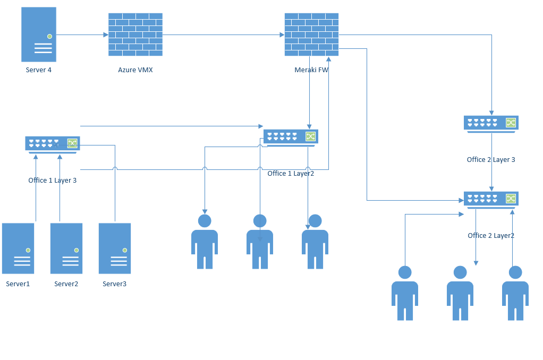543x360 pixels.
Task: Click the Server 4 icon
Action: (x=39, y=35)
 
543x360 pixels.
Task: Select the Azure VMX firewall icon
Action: (x=135, y=35)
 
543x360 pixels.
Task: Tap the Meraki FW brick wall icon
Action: (x=311, y=35)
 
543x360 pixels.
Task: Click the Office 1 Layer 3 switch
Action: (x=52, y=144)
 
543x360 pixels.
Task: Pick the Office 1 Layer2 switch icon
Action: (x=290, y=137)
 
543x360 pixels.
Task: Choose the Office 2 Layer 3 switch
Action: (x=491, y=124)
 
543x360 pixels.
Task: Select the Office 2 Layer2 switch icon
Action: (x=491, y=199)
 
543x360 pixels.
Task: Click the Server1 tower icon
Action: (x=18, y=248)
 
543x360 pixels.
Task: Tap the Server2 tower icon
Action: (x=66, y=248)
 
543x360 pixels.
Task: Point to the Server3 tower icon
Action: (x=115, y=248)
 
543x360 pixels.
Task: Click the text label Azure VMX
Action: (x=135, y=70)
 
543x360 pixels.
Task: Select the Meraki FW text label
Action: (x=311, y=70)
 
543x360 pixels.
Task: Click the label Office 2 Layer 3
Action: (x=491, y=160)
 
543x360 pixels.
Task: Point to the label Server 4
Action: (x=39, y=70)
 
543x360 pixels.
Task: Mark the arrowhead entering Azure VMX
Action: (x=106, y=35)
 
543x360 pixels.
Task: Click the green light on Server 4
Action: (x=49, y=36)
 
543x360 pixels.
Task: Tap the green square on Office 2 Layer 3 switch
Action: (x=511, y=123)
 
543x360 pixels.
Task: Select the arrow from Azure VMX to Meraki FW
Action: (x=223, y=35)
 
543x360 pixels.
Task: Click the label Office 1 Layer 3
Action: (x=53, y=181)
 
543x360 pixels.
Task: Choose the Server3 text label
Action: (x=115, y=284)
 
